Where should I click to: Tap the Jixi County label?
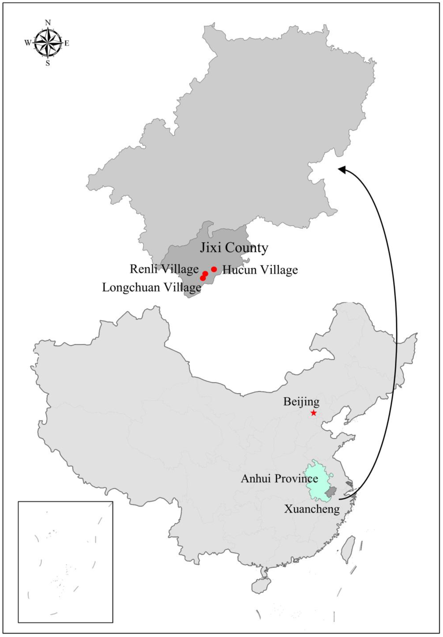(234, 248)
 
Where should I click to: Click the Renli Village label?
(164, 269)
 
